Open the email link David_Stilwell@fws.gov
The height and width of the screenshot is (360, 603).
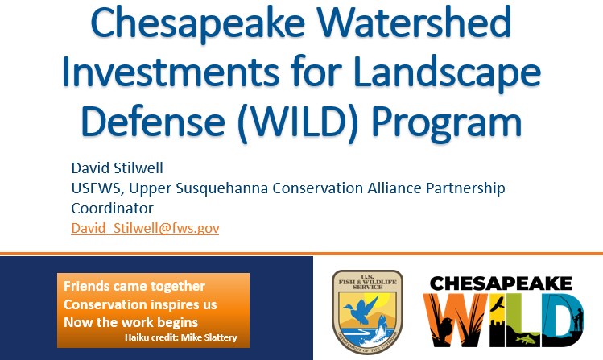click(145, 228)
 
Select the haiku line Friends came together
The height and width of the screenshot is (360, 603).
click(134, 287)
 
